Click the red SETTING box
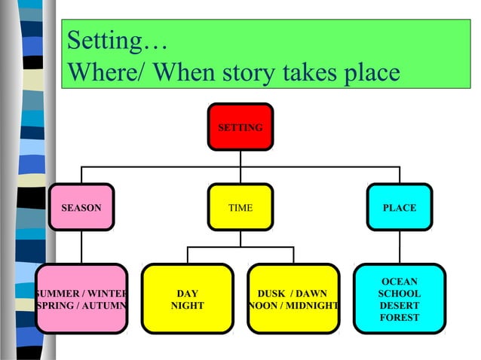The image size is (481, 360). pos(240,127)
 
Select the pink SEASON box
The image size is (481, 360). pos(81,207)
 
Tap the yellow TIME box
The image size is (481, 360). pos(240,207)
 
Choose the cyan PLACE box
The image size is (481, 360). pos(399,207)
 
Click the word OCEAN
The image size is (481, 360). pos(400,282)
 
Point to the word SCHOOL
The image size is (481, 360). pos(400,294)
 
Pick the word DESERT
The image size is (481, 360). pos(400,306)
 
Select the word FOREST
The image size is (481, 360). pos(400,318)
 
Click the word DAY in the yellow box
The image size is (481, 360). pos(187,294)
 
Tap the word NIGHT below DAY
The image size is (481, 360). pos(187,307)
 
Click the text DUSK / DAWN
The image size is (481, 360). pos(293,294)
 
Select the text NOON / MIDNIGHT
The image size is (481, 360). pos(293,307)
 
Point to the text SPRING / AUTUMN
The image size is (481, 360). pos(81,307)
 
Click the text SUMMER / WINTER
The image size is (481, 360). pos(81,294)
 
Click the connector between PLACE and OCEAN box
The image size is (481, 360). pos(400,246)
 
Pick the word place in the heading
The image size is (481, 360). pos(367,74)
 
